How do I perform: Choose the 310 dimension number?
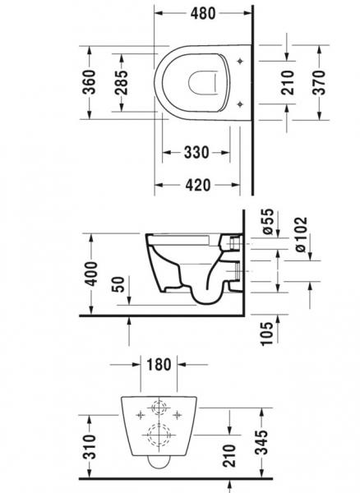90,448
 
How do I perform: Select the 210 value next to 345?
232,453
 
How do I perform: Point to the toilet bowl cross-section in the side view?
181,267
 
